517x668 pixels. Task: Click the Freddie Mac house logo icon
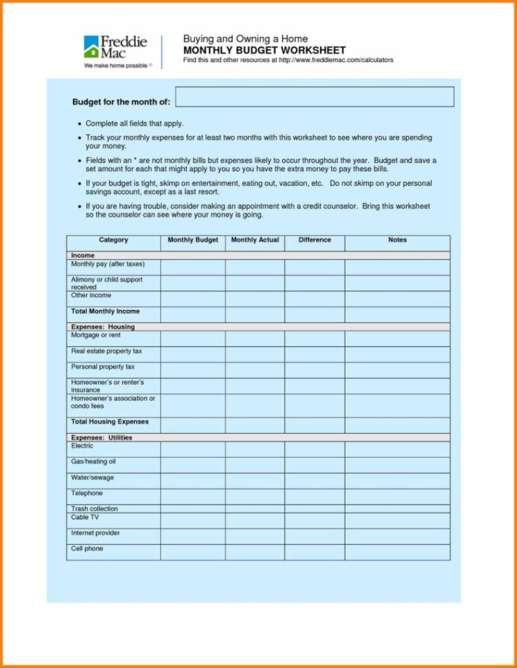point(91,47)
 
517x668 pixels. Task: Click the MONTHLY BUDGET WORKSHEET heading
point(264,50)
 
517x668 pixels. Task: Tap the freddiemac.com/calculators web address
point(336,61)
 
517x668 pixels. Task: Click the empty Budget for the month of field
point(315,97)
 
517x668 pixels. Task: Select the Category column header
point(114,240)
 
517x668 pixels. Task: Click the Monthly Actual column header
point(255,240)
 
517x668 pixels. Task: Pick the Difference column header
point(315,240)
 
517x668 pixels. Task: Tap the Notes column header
point(397,240)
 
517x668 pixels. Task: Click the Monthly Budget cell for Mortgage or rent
point(193,338)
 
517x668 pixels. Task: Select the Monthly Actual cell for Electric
point(255,449)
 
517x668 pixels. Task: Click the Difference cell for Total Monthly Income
point(315,314)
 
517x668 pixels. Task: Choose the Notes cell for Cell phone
point(397,552)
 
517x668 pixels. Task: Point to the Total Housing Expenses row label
point(109,421)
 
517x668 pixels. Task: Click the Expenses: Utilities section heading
point(101,437)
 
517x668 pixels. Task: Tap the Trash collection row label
point(94,509)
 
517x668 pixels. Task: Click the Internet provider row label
point(95,533)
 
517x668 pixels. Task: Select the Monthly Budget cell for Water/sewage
point(193,480)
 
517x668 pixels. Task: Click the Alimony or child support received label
point(106,283)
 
